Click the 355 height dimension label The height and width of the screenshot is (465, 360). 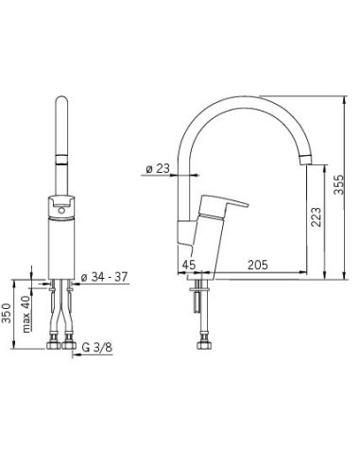[339, 184]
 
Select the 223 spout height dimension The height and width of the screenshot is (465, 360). [316, 217]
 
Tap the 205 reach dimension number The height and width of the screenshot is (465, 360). [257, 265]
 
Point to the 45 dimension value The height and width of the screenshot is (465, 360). [189, 265]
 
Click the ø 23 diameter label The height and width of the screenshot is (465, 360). [158, 169]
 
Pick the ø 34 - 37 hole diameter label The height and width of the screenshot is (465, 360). [104, 277]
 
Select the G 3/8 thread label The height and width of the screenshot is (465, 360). [97, 348]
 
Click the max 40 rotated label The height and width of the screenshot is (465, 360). [26, 314]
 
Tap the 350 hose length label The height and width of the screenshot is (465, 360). [7, 313]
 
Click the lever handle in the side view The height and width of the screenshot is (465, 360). [223, 205]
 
